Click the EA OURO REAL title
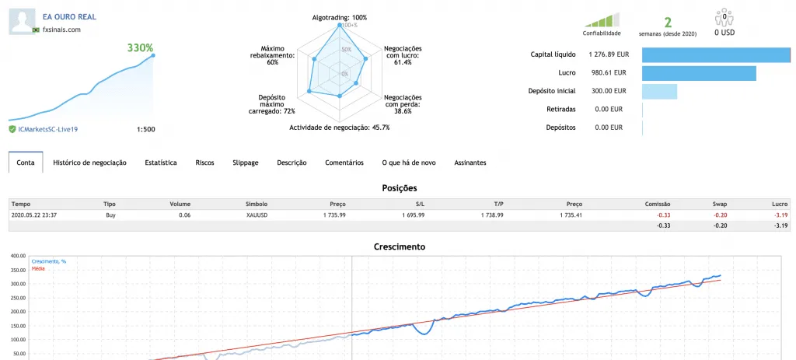pyautogui.click(x=69, y=17)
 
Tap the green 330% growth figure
pyautogui.click(x=140, y=47)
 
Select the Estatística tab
pyautogui.click(x=161, y=163)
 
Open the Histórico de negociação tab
pyautogui.click(x=90, y=163)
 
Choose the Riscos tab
pyautogui.click(x=204, y=163)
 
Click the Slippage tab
pyautogui.click(x=245, y=163)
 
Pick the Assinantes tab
pyautogui.click(x=470, y=163)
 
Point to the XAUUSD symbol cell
pyautogui.click(x=257, y=215)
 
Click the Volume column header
pyautogui.click(x=180, y=204)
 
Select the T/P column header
pyautogui.click(x=498, y=204)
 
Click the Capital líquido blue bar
pyautogui.click(x=716, y=55)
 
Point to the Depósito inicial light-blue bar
pyautogui.click(x=659, y=92)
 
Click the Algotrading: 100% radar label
pyautogui.click(x=339, y=18)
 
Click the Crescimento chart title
pyautogui.click(x=399, y=246)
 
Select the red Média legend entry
pyautogui.click(x=38, y=268)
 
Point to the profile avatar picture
pyautogui.click(x=23, y=21)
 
